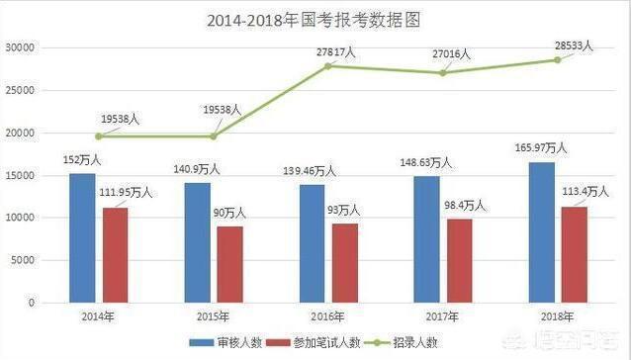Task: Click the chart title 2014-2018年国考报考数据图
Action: click(314, 20)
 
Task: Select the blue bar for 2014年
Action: click(82, 237)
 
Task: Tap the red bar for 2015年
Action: click(230, 264)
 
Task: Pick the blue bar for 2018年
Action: click(541, 232)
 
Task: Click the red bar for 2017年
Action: click(460, 260)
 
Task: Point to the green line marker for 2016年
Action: click(328, 65)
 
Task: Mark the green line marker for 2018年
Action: click(558, 59)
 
